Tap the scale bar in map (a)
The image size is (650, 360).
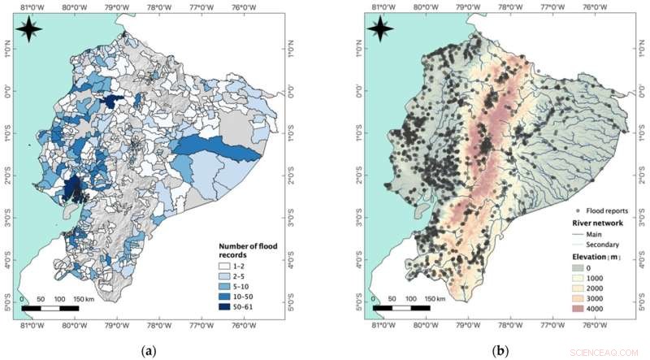click(x=50, y=308)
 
